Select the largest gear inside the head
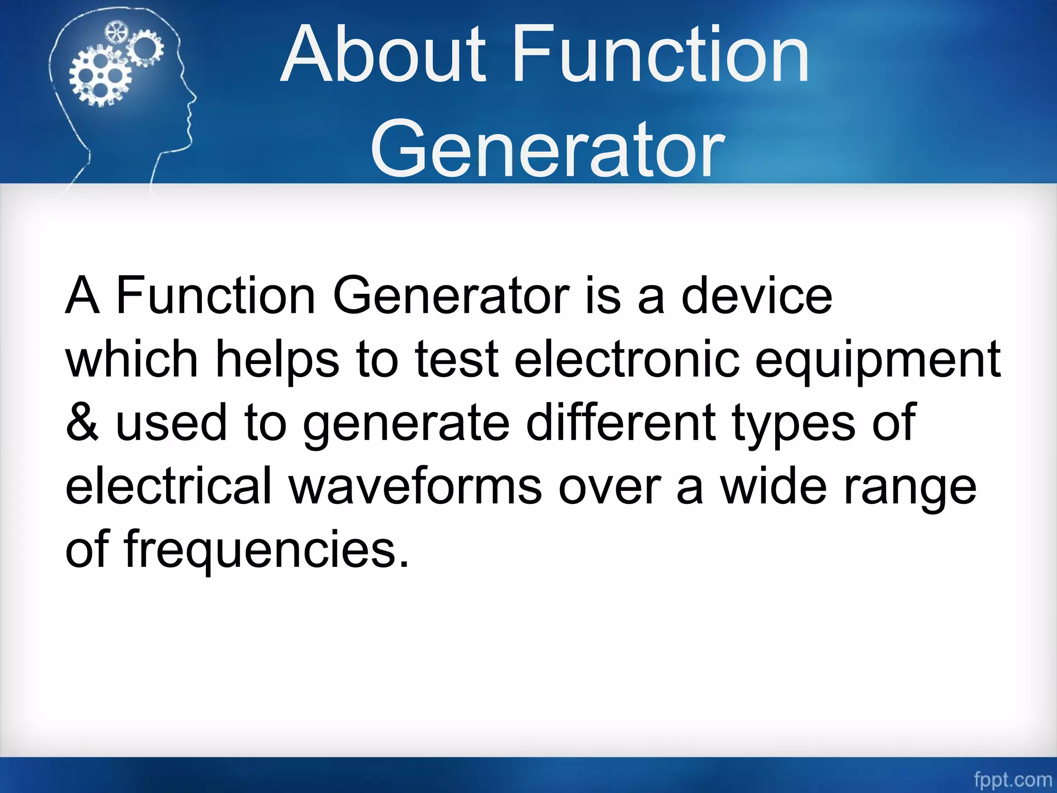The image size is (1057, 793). coord(100,76)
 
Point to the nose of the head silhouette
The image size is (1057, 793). coord(193,97)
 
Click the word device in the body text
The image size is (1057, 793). coord(757,296)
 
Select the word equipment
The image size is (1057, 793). coord(877,360)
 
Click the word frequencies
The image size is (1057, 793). coord(266,549)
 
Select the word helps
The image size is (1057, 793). coord(277,360)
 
